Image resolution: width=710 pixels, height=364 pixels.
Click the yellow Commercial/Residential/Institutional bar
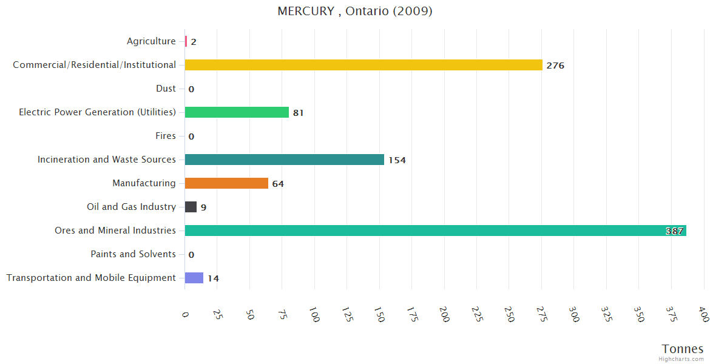point(363,65)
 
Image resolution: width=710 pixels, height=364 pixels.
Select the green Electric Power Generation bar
point(237,112)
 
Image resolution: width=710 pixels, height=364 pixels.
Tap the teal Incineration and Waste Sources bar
point(284,160)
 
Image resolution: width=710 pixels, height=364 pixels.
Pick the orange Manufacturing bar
point(226,183)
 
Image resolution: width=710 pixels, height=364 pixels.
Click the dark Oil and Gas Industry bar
point(191,207)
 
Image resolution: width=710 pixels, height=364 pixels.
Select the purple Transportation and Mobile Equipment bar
point(194,278)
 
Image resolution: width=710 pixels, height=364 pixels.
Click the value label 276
point(555,66)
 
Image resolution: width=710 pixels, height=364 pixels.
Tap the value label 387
point(675,231)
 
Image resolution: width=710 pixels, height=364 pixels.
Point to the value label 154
point(397,160)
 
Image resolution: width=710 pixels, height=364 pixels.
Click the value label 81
point(298,113)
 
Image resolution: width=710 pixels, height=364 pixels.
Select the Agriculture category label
point(151,41)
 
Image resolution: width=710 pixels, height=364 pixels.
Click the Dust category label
point(166,89)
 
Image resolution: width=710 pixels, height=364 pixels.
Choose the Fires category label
point(165,136)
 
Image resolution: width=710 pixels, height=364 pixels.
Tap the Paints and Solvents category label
point(133,254)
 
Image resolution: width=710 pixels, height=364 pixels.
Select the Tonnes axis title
point(682,349)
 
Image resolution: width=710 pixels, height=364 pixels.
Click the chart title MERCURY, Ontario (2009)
point(355,12)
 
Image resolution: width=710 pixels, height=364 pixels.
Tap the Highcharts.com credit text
point(681,359)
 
